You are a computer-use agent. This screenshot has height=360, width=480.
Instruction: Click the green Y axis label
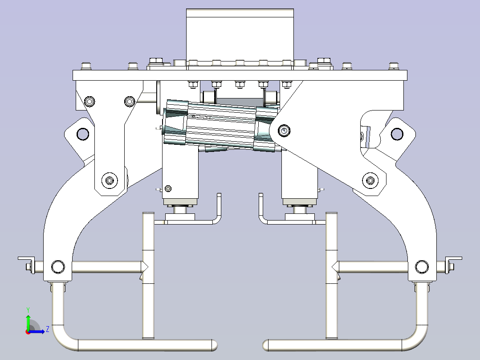pos(28,310)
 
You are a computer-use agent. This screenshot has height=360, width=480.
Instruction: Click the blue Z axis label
pos(48,329)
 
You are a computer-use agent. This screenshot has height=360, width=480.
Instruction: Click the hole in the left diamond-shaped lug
pos(83,134)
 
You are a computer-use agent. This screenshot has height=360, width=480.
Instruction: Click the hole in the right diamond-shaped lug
pos(397,134)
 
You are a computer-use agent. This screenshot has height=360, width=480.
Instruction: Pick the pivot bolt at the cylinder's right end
pos(284,131)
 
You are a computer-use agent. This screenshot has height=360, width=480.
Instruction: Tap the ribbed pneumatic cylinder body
pos(221,126)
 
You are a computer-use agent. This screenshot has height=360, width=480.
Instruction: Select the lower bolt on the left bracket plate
pos(109,180)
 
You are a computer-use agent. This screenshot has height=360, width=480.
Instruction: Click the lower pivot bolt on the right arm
pos(370,180)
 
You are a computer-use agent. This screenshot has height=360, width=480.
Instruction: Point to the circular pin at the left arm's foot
pos(58,267)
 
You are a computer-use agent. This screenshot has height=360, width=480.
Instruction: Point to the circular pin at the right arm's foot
pos(422,267)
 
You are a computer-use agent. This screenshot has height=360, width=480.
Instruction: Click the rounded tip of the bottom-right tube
pos(265,345)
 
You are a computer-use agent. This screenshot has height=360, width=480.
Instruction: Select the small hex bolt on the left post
pos(168,188)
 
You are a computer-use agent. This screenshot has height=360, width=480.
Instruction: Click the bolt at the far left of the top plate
pos(86,66)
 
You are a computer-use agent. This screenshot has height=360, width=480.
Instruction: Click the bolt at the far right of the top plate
pos(394,66)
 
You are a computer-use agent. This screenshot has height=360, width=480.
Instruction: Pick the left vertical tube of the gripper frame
pos(148,276)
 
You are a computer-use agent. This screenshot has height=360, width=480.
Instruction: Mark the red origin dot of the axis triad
pos(28,332)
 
